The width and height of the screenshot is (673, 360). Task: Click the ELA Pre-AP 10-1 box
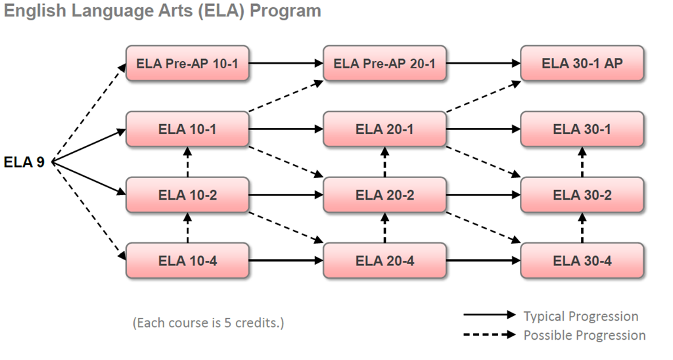[x=187, y=64]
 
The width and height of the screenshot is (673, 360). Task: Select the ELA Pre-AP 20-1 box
[x=384, y=64]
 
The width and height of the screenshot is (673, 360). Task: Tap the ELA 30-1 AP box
[x=582, y=64]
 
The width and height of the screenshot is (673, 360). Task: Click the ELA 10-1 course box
[x=187, y=129]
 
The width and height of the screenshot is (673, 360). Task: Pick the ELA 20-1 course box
[x=384, y=129]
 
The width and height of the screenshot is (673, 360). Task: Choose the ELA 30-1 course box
[x=582, y=129]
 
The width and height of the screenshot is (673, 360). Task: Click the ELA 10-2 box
[x=187, y=194]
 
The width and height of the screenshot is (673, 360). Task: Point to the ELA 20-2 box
[x=384, y=194]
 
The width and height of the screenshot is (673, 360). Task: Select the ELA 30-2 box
[x=582, y=194]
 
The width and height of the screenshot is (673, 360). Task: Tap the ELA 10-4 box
[x=187, y=260]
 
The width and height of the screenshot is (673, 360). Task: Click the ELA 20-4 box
[x=384, y=260]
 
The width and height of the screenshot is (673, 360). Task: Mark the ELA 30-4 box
[x=582, y=260]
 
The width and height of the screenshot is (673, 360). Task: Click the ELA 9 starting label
[x=24, y=162]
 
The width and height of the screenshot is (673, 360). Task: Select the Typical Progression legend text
[x=580, y=316]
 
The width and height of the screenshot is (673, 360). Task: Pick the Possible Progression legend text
[x=584, y=335]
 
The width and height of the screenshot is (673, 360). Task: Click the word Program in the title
[x=289, y=11]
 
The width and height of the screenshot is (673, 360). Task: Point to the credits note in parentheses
[x=208, y=323]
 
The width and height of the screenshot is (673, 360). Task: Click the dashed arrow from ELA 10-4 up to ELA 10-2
[x=187, y=227]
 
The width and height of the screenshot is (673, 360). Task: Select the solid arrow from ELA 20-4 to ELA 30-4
[x=483, y=261]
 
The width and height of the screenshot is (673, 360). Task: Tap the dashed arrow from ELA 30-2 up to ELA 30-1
[x=582, y=162]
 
